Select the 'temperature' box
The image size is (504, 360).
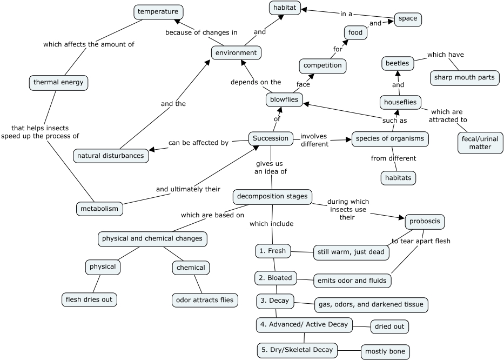[x=158, y=11]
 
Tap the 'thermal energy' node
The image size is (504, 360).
[x=58, y=83]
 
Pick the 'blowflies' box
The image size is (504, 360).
[x=285, y=99]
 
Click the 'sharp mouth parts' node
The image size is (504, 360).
[x=464, y=77]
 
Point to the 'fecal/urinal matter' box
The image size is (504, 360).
[x=480, y=143]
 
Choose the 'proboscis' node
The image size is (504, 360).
[x=425, y=221]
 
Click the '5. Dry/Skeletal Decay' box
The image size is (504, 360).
[x=298, y=350]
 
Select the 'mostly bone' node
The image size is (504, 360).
[x=385, y=352]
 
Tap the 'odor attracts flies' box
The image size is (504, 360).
[x=205, y=300]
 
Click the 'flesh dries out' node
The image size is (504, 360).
[x=89, y=298]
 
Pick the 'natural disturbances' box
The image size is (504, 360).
[x=111, y=156]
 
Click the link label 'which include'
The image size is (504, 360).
[x=271, y=224]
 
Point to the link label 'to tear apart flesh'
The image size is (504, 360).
[x=421, y=241]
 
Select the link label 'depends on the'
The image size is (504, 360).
[x=256, y=82]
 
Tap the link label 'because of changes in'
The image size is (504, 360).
[x=201, y=32]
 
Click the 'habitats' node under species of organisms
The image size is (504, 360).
[x=399, y=177]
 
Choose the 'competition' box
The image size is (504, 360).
[x=322, y=65]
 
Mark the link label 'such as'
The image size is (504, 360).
[x=395, y=120]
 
